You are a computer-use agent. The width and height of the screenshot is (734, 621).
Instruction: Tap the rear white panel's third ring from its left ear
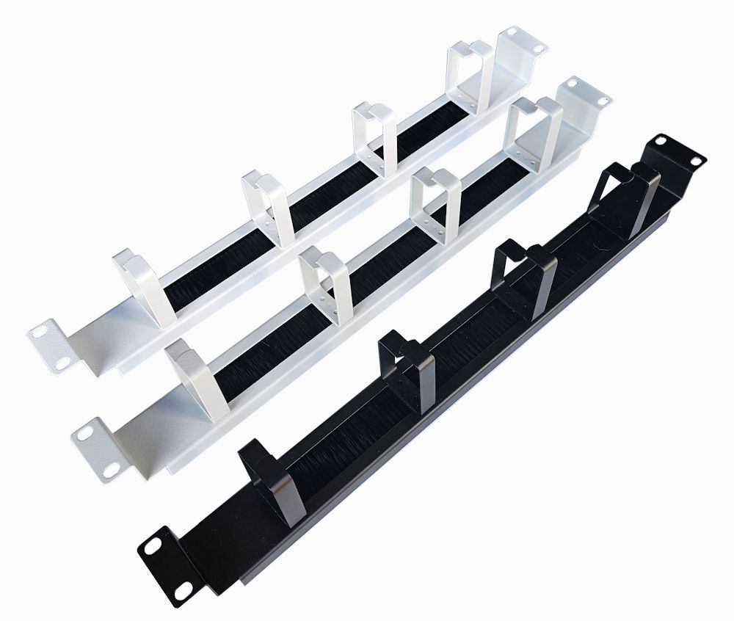point(375,137)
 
